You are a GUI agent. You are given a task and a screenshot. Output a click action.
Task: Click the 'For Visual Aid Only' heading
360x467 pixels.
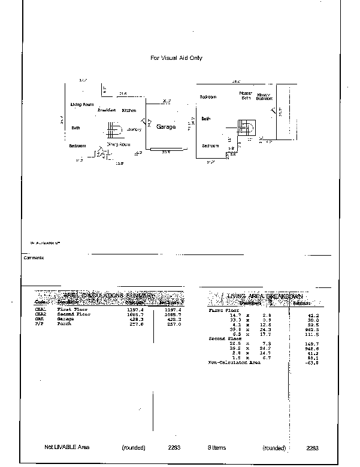(176, 58)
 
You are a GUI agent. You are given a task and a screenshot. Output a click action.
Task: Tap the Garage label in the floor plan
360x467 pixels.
(166, 127)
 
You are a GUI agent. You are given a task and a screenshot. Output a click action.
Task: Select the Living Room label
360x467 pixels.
(82, 105)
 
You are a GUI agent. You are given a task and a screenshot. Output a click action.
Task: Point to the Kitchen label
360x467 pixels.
(129, 111)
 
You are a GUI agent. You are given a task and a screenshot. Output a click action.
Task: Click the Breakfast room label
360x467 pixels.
(107, 110)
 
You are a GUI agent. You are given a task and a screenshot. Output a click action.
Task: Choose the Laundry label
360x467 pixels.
(134, 130)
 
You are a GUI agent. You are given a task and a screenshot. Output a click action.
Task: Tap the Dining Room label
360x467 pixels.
(119, 144)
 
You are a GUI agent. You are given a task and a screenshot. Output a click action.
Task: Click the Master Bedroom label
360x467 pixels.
(264, 96)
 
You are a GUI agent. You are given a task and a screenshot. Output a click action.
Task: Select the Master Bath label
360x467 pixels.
(246, 96)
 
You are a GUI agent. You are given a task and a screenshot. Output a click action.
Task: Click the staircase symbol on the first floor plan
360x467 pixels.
(114, 131)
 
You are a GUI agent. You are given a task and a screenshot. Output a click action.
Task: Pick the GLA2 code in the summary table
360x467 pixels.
(40, 314)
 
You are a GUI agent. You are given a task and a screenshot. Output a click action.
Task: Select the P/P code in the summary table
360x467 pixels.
(40, 324)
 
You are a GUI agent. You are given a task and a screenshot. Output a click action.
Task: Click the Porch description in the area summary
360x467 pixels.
(64, 324)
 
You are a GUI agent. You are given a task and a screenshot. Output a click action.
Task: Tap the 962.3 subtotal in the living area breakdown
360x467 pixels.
(312, 329)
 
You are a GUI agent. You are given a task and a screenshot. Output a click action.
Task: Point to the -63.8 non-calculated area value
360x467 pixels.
(313, 363)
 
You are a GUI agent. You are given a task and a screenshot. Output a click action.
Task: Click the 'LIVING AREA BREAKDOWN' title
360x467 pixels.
(264, 296)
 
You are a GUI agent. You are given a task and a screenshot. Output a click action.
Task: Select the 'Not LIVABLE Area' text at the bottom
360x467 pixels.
(66, 447)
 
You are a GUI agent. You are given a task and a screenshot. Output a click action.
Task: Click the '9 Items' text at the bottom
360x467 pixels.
(217, 447)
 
